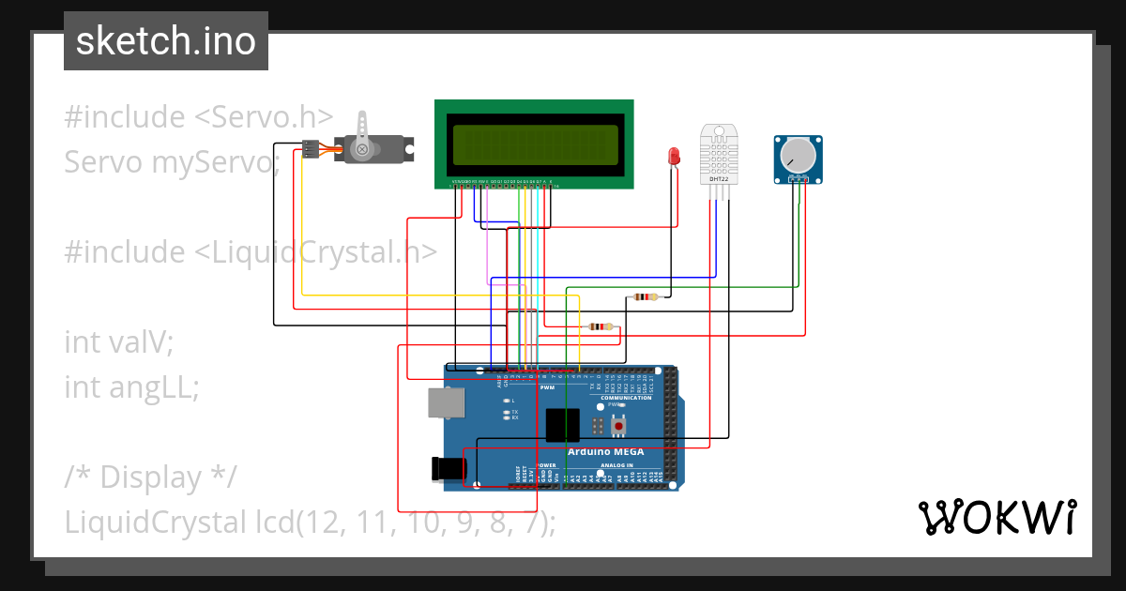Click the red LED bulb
[673, 156]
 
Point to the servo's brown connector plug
[310, 149]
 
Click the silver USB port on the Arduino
[446, 402]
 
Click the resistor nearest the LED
[646, 297]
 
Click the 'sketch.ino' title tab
[166, 41]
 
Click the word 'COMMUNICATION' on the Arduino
[626, 398]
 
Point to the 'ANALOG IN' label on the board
[616, 465]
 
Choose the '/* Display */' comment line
[150, 477]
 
